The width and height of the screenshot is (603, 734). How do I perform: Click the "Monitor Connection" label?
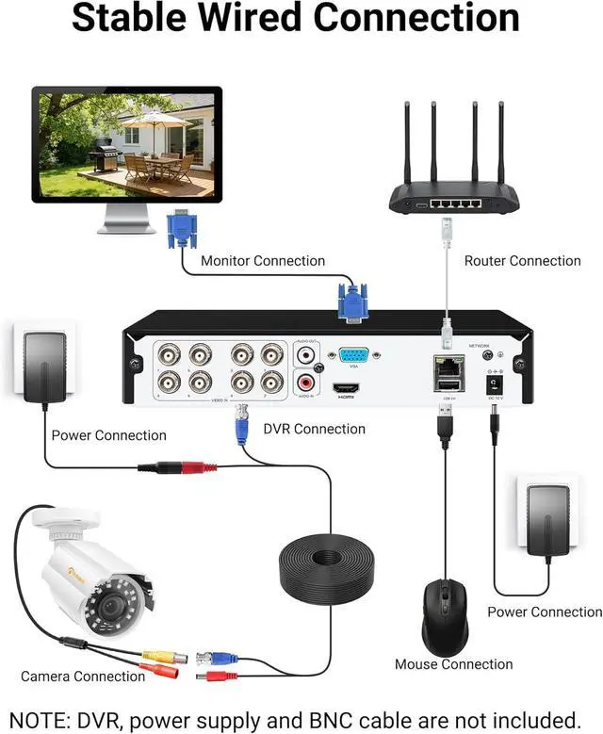click(x=263, y=261)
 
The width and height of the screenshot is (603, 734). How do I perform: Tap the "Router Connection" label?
click(x=522, y=261)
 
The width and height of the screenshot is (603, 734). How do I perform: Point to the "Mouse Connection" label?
click(x=453, y=664)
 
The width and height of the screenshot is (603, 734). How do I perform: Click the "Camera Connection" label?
click(x=83, y=676)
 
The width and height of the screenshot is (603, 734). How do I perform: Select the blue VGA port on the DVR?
click(x=352, y=357)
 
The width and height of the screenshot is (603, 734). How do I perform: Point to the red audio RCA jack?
click(x=306, y=383)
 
